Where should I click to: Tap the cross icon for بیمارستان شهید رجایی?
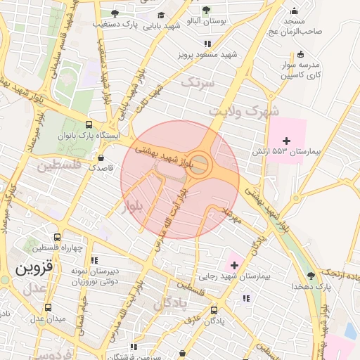(x=234, y=264)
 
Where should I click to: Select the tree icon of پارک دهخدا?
(x=310, y=275)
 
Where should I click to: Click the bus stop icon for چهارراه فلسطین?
(x=57, y=237)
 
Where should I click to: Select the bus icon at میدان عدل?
(x=48, y=307)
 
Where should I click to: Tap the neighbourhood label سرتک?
(x=197, y=82)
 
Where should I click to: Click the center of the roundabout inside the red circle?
(x=200, y=165)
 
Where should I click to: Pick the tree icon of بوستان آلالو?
(x=205, y=10)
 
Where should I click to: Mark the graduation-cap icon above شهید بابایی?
(x=161, y=15)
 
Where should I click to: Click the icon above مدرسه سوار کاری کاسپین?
(x=301, y=54)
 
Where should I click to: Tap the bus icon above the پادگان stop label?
(x=214, y=310)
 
